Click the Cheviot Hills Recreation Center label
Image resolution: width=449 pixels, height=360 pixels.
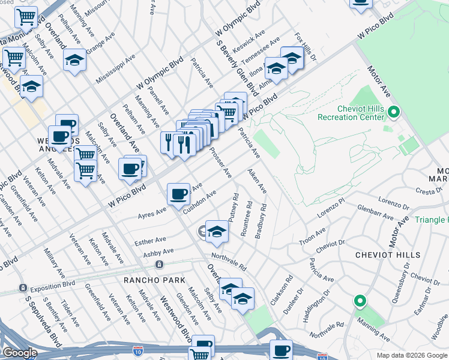(351, 112)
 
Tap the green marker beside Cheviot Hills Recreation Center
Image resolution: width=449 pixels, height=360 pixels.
(394, 112)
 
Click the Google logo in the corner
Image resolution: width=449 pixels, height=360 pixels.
(20, 353)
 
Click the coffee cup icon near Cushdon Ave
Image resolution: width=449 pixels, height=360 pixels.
(178, 194)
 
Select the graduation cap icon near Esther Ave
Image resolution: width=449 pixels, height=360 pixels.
(217, 232)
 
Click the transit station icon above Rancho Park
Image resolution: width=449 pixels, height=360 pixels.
(159, 264)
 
